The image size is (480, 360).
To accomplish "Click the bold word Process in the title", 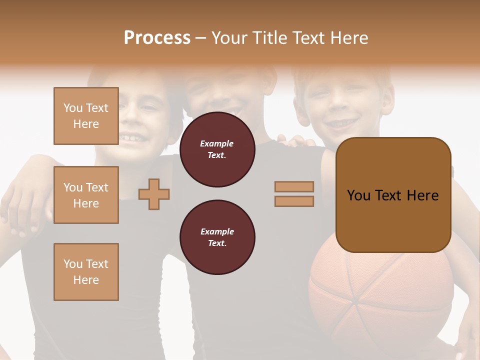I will (x=157, y=37).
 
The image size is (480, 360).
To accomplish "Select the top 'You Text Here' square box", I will (x=86, y=116).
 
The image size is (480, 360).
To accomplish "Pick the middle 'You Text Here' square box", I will (x=86, y=195).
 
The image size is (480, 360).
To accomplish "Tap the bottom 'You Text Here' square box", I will (x=86, y=272).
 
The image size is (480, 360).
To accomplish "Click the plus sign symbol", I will (x=154, y=195).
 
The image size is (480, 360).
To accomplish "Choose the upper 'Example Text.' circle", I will (x=217, y=149).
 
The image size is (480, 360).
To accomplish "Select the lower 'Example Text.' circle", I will (x=217, y=237).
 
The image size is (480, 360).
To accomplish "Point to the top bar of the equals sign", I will (x=294, y=187).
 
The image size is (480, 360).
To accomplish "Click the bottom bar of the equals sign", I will (x=294, y=201).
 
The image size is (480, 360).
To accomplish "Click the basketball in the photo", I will (x=380, y=300).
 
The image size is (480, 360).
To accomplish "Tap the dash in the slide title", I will (x=201, y=38).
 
